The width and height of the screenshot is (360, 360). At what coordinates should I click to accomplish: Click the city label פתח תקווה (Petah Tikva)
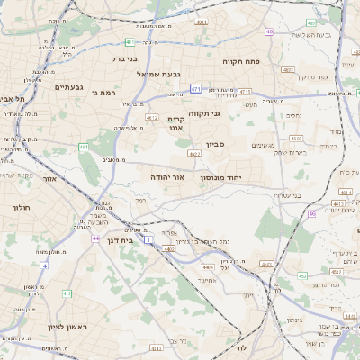[242, 60]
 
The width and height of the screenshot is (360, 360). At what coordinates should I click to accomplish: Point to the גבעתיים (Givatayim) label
[69, 87]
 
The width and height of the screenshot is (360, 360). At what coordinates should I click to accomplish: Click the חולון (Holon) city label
[22, 207]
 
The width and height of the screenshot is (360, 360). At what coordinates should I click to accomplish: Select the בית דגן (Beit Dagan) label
[120, 240]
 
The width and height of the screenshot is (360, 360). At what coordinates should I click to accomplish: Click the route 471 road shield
[196, 90]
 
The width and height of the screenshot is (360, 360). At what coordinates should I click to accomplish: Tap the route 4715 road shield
[245, 91]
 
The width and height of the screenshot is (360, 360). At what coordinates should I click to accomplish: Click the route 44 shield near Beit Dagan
[95, 238]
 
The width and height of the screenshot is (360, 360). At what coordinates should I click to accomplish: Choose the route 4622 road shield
[194, 154]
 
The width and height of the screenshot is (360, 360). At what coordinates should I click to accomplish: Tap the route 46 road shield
[311, 213]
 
